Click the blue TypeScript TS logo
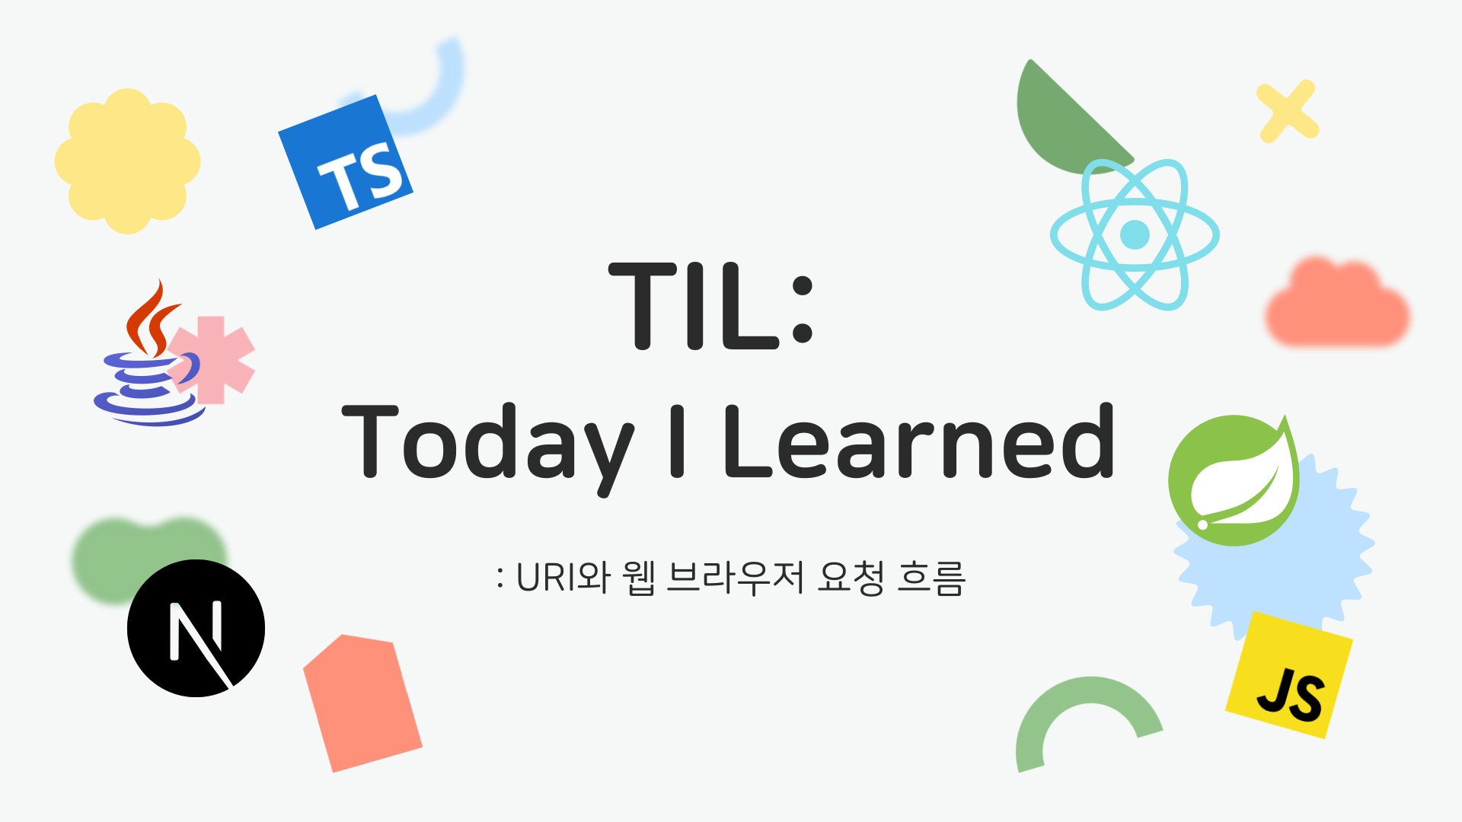(x=346, y=162)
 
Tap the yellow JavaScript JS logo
(x=1289, y=675)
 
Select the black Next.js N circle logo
(x=196, y=628)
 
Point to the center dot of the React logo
(x=1135, y=234)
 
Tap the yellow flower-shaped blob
(x=127, y=161)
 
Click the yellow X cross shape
(x=1287, y=111)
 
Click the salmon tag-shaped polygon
(x=362, y=703)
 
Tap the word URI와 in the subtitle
(x=563, y=577)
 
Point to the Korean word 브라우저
(x=736, y=577)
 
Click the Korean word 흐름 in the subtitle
(x=931, y=577)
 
